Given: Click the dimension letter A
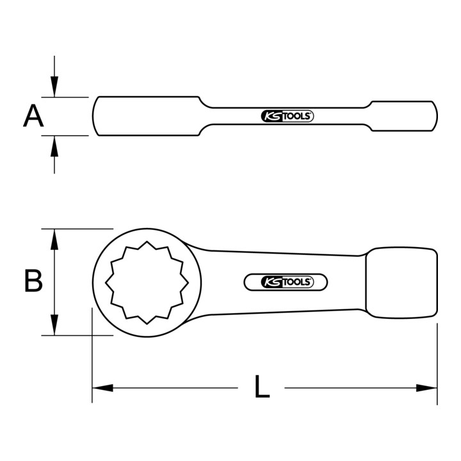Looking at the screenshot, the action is pos(33,116).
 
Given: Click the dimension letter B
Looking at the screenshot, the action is pos(33,280).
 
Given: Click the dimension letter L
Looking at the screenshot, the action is pos(262,386).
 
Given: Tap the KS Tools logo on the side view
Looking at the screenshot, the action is pos(287,117).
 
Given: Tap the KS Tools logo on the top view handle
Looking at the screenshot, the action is pos(287,282).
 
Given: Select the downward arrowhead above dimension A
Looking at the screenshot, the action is pos(54,86).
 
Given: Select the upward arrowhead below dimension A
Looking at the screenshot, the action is pos(54,146).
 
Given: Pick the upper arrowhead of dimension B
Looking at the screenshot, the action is pos(54,239).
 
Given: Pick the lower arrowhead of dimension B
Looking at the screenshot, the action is pos(54,325).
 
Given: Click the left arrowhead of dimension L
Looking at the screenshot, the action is pos(102,388).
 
